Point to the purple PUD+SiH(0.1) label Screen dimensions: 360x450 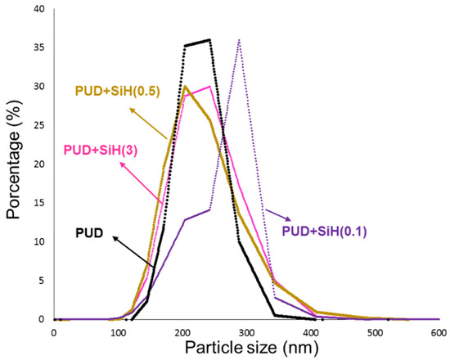tap(326, 232)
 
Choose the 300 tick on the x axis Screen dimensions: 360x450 tap(245, 331)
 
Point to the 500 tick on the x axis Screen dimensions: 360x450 tap(374, 331)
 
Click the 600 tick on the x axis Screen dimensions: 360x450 tap(438, 331)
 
